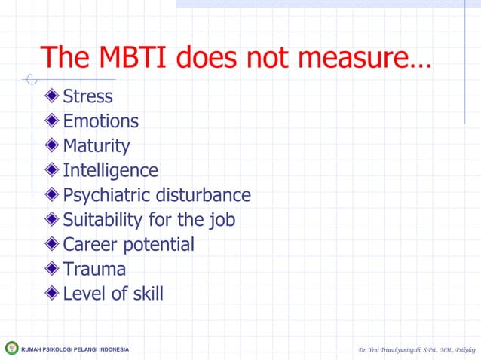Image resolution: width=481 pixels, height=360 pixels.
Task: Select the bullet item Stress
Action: (x=87, y=96)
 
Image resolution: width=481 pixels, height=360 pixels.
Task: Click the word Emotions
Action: (x=100, y=121)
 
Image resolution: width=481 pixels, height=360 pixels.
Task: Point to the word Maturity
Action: (x=96, y=145)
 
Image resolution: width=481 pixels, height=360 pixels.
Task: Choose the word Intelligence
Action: (x=110, y=170)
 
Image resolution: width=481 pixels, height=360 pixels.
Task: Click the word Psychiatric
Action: (x=106, y=195)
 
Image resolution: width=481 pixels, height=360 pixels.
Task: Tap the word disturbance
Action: (x=203, y=195)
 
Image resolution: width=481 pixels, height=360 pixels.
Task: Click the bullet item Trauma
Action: (x=94, y=269)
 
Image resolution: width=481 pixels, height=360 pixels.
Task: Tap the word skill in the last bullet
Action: (x=147, y=293)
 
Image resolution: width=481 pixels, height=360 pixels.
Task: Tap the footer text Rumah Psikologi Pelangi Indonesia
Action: (x=75, y=349)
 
